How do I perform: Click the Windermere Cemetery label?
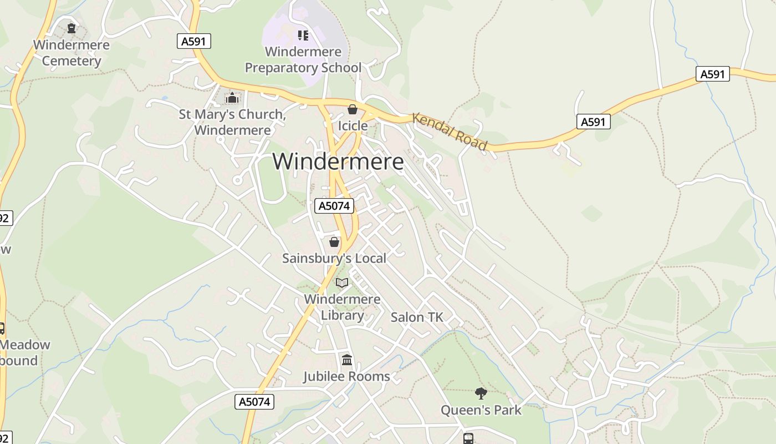point(72,53)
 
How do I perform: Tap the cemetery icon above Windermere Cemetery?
point(71,27)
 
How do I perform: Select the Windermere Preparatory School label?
point(303,60)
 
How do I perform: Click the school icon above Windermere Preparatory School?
point(303,36)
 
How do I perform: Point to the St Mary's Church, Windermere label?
point(232,123)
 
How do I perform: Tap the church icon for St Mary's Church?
point(232,98)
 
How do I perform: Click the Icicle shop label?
point(353,126)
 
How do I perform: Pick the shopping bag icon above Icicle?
point(352,109)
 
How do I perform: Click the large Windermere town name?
point(338,162)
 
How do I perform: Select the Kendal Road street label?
point(450,132)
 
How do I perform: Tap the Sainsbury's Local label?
point(334,258)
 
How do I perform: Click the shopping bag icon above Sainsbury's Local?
point(334,242)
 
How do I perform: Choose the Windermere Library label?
point(343,307)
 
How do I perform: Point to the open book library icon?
point(342,283)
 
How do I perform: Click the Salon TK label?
point(417,317)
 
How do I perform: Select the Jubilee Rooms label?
point(346,376)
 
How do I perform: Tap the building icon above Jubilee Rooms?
point(347,360)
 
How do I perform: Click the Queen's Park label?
point(481,410)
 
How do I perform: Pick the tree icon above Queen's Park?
point(481,393)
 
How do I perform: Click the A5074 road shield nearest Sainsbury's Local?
point(334,206)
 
